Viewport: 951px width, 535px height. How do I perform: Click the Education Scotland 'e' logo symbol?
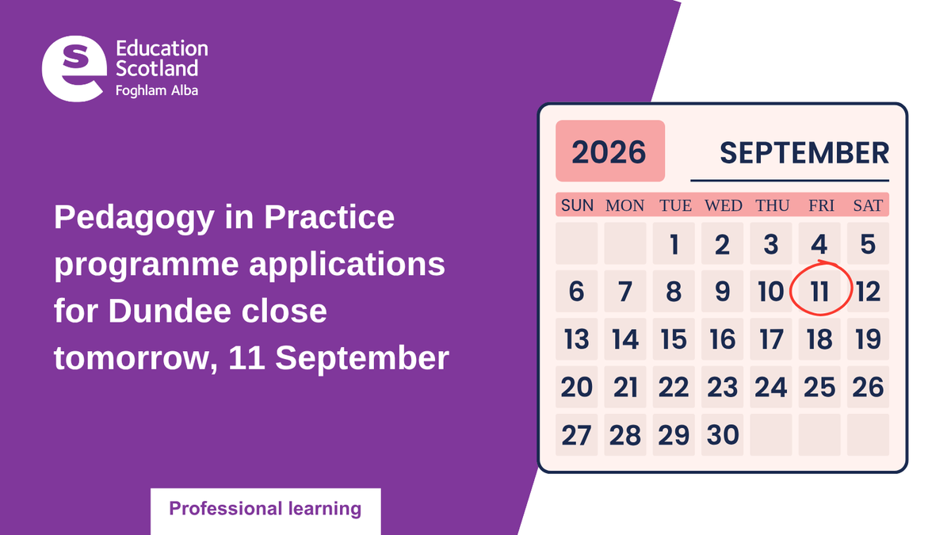click(x=74, y=69)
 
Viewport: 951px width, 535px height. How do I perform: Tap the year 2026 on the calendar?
click(x=609, y=152)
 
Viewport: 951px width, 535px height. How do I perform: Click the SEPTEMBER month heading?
click(x=804, y=153)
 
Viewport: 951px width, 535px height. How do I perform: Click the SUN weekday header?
click(x=577, y=205)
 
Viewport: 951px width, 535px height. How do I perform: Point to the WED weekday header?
click(x=723, y=205)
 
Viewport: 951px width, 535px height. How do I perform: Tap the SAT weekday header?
click(x=869, y=205)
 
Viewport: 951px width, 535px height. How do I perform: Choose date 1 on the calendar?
click(x=674, y=244)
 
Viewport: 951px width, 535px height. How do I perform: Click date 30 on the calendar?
click(x=723, y=435)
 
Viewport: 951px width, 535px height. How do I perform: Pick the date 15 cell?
click(x=674, y=339)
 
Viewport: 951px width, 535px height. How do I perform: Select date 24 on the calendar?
click(x=771, y=388)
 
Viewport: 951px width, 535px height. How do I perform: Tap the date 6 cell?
click(x=577, y=292)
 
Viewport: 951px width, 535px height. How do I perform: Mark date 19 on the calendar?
click(x=869, y=339)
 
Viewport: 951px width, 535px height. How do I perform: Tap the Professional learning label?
click(x=265, y=509)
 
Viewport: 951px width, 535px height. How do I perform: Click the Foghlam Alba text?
click(x=157, y=91)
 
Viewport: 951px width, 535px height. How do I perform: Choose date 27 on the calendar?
click(x=577, y=435)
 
